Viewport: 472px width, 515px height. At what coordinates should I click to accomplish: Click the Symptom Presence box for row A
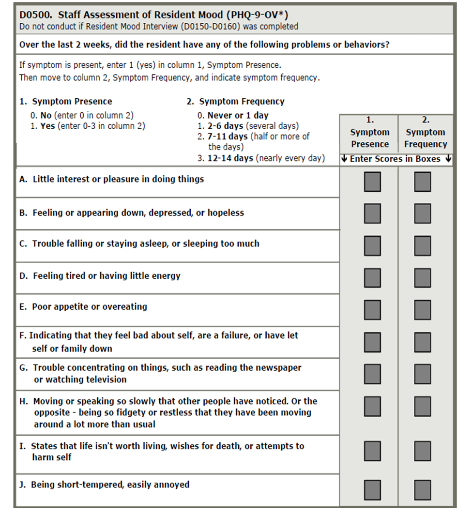pyautogui.click(x=372, y=182)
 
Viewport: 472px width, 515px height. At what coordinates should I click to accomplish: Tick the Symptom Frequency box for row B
pyautogui.click(x=422, y=213)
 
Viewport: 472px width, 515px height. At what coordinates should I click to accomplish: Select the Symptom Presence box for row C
pyautogui.click(x=372, y=245)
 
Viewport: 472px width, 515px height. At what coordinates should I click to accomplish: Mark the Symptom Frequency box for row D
pyautogui.click(x=422, y=278)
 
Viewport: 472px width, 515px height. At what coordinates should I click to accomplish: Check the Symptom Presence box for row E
pyautogui.click(x=372, y=310)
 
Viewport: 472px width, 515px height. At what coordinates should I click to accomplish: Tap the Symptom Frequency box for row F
pyautogui.click(x=422, y=342)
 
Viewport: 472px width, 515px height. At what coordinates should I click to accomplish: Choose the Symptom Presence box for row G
pyautogui.click(x=372, y=374)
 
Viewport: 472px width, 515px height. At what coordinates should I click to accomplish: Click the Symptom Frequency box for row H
pyautogui.click(x=422, y=407)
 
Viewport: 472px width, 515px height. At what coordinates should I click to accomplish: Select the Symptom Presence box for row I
pyautogui.click(x=372, y=451)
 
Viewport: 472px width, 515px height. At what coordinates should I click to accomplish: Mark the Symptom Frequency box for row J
pyautogui.click(x=422, y=490)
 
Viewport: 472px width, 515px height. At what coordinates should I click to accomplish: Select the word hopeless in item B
pyautogui.click(x=226, y=213)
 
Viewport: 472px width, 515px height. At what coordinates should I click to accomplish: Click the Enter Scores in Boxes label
pyautogui.click(x=395, y=159)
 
